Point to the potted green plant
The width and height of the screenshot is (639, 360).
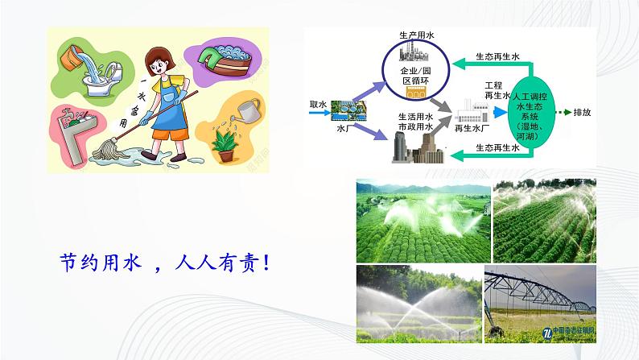coord(222,141)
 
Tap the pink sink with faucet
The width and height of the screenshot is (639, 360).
coord(76,134)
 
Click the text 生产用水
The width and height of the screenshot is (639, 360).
coord(416,36)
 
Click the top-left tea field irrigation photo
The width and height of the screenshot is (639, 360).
coord(423,220)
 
